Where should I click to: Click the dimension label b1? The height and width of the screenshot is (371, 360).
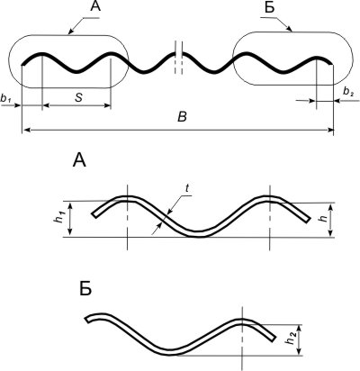point(6,99)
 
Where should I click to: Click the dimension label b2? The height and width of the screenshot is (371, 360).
point(348,93)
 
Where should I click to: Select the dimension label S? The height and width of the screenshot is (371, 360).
point(78,97)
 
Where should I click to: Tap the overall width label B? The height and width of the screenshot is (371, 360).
point(182,117)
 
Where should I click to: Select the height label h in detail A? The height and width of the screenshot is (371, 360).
point(323,218)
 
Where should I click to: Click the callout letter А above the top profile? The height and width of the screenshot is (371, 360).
point(95,6)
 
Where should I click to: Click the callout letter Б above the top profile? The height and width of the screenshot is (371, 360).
point(270,7)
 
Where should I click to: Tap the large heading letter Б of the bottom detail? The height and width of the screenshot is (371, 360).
point(85,288)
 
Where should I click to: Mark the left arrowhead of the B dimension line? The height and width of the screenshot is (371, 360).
point(26,130)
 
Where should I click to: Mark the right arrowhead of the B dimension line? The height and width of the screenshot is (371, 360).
point(330,130)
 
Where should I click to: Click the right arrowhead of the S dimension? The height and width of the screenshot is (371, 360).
point(108,105)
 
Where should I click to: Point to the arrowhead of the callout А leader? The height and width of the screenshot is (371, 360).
point(71,32)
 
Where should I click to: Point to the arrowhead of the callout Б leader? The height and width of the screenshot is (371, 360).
point(290,29)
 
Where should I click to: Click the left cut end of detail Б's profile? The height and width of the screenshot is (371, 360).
point(87,320)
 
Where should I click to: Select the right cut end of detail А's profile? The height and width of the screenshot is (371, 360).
point(308,220)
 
